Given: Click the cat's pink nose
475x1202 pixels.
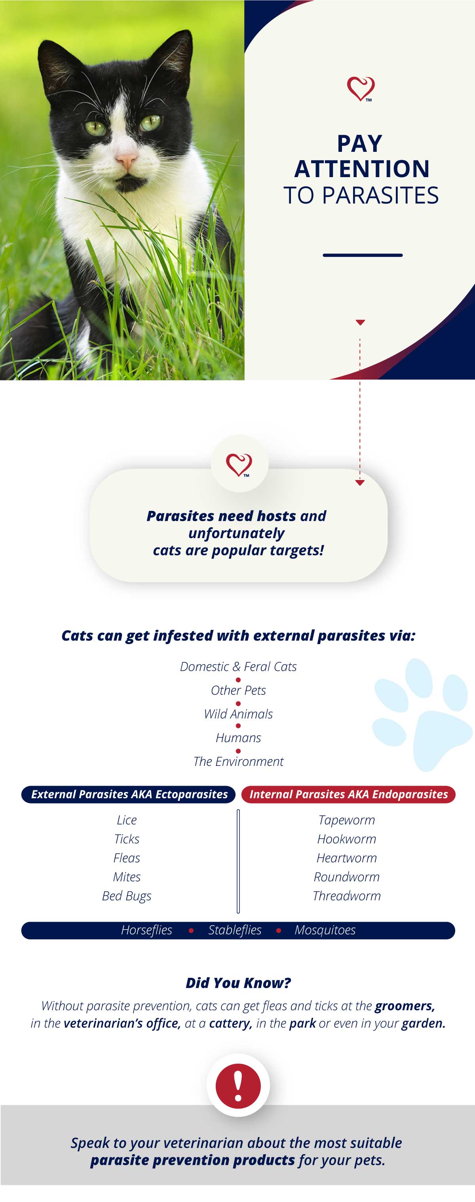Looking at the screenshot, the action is (127, 161).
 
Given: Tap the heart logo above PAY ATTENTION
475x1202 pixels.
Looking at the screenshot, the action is (361, 89).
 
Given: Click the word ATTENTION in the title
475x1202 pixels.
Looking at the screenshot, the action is (361, 169).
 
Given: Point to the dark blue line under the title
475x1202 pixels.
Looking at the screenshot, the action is (363, 255).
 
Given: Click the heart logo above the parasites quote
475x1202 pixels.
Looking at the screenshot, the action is (239, 465).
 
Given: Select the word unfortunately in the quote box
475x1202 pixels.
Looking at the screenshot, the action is (236, 533).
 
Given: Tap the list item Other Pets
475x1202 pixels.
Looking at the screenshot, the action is (238, 690).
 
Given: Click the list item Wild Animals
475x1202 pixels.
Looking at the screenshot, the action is (238, 714).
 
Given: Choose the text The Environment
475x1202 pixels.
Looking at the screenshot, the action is (238, 762).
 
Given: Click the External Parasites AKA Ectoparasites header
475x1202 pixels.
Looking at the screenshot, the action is (128, 794).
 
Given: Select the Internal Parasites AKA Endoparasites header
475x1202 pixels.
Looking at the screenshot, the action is (348, 794).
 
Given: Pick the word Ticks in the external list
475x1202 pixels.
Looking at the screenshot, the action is (127, 839).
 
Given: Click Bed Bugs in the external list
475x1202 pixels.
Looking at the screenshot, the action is (127, 896).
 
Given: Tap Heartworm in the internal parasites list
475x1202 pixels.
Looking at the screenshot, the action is (347, 858).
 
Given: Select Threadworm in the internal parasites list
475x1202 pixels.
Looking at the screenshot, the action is (347, 896).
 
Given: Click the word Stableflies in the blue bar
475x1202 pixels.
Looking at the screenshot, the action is (235, 930).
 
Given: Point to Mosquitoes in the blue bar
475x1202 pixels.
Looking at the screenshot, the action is (325, 930).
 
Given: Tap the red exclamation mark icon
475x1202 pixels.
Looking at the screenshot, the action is (238, 1086).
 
